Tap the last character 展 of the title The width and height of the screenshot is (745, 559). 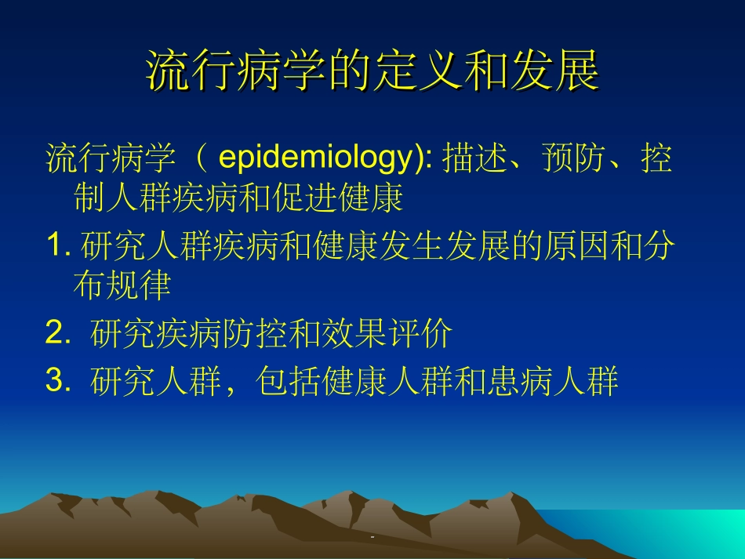coord(578,71)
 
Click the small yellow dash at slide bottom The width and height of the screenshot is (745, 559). coord(372,536)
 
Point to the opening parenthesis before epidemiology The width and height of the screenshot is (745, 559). coord(202,159)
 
